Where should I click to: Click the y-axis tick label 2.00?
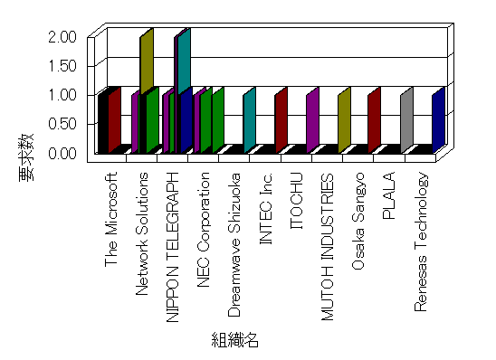point(62,37)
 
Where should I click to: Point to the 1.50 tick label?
point(62,66)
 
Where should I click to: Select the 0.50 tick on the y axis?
point(62,124)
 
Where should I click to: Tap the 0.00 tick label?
point(62,153)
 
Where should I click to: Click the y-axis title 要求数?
point(26,157)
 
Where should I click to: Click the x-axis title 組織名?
point(235,340)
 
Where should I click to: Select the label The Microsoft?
point(111,220)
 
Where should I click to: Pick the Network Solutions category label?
point(142,234)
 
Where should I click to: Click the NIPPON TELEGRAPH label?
point(173,248)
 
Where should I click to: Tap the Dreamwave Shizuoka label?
point(234,244)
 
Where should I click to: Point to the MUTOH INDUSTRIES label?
point(328,247)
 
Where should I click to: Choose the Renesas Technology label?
point(421,242)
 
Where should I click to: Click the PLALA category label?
point(389,195)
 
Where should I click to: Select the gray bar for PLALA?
point(406,120)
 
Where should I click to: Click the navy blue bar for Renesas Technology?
point(438,120)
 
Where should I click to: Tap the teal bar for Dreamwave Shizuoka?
point(249,120)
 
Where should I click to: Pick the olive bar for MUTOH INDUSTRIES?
point(344,120)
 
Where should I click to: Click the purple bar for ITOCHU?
point(312,120)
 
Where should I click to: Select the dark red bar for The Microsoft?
point(115,120)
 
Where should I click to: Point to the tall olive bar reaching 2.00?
point(147,62)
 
